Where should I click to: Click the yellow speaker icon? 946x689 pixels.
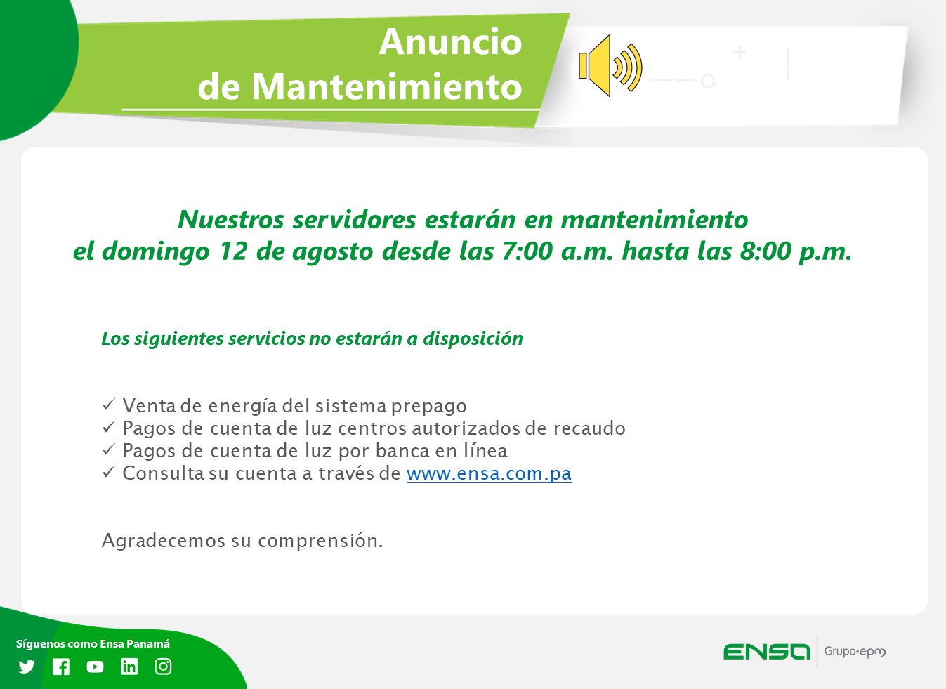[610, 65]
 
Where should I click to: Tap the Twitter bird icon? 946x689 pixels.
[27, 667]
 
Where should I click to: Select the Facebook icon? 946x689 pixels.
[61, 667]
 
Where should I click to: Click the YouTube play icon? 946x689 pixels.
[95, 667]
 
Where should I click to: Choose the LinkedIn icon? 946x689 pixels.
[129, 667]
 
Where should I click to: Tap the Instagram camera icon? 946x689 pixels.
[163, 667]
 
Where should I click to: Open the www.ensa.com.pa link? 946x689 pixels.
[489, 473]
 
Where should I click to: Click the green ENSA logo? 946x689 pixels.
[766, 651]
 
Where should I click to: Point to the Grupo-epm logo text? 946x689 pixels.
[855, 652]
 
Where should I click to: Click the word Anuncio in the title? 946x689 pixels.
[451, 42]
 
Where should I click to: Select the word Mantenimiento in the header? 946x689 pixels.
[387, 86]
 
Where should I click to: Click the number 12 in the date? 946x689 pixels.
[233, 251]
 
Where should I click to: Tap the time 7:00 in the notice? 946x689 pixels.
[527, 251]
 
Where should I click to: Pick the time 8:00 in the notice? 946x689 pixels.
[766, 251]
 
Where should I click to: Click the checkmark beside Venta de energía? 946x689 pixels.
[109, 405]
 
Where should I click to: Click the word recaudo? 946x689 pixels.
[589, 428]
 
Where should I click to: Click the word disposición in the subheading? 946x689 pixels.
[473, 339]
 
